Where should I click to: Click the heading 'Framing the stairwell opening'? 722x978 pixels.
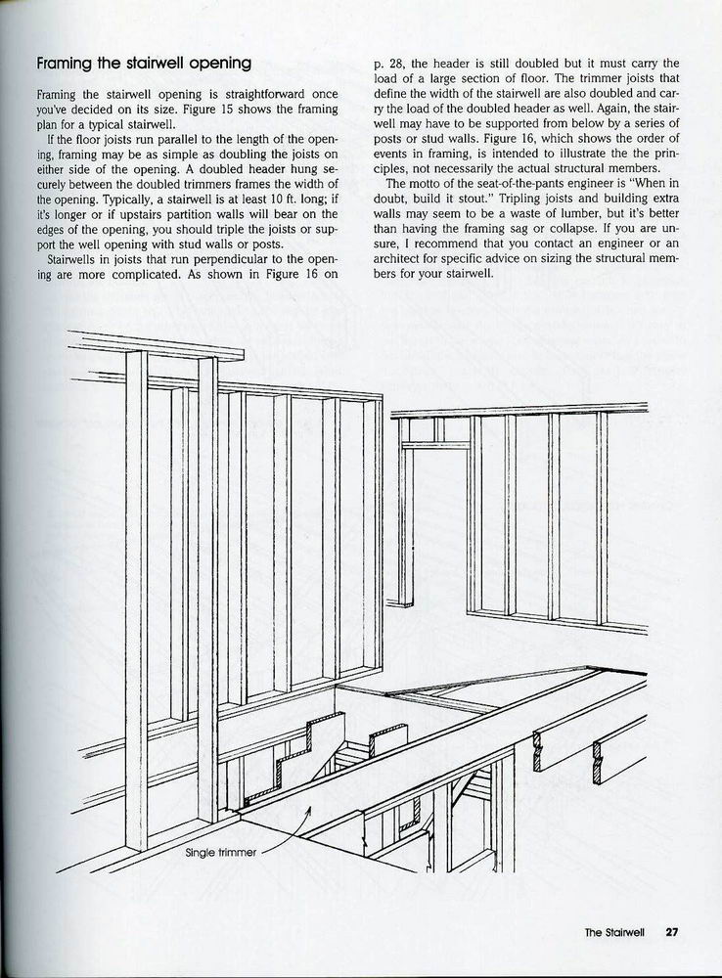[144, 64]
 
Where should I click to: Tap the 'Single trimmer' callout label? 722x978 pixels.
[220, 852]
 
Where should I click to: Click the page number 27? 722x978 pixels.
[671, 932]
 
